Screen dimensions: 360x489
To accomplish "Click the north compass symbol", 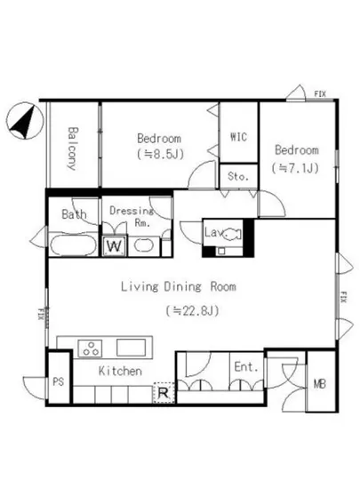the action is [x=25, y=121].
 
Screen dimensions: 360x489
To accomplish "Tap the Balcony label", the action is [x=73, y=148].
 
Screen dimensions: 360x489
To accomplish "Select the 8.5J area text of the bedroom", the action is [x=161, y=154].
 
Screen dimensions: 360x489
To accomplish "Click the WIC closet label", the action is [x=238, y=137].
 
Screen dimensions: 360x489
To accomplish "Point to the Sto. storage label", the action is [x=238, y=177].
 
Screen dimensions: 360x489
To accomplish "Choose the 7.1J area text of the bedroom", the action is [x=295, y=168].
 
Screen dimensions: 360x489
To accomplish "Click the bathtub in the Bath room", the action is [x=72, y=245].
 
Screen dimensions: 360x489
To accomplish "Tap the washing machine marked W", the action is [x=115, y=246].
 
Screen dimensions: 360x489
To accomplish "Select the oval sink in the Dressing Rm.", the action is [x=143, y=245].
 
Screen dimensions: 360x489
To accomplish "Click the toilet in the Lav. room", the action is [x=233, y=234].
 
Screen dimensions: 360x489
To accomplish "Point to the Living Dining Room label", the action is [x=179, y=286].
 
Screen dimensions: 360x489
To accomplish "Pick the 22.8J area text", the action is [x=192, y=310].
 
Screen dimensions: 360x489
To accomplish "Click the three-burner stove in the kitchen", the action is [x=91, y=349].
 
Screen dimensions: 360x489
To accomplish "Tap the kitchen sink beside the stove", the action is [x=131, y=348].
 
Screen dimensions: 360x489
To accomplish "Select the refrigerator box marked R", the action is [x=164, y=392].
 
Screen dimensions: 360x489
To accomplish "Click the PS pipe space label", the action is [x=59, y=381].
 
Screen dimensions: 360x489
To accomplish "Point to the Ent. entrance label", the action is [x=246, y=366].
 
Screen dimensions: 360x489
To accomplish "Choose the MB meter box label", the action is [x=319, y=383].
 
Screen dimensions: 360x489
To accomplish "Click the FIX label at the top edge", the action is [x=320, y=93].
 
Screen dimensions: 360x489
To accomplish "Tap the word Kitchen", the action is [x=120, y=371].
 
